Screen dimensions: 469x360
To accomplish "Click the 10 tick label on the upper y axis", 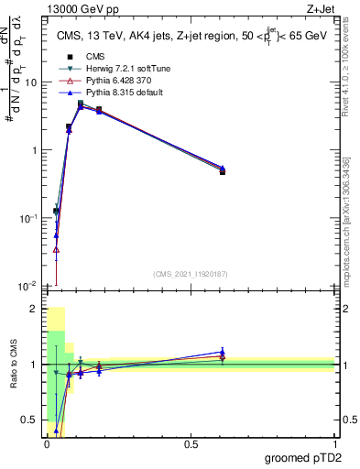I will [x=31, y=82].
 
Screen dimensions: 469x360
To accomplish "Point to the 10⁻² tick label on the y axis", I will [x=28, y=287].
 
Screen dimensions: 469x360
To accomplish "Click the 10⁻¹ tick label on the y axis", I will [x=28, y=219].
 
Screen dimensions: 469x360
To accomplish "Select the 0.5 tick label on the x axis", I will [x=191, y=443].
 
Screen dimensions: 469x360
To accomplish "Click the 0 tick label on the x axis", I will [x=47, y=443].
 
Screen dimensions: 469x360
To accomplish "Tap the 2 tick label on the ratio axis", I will [x=34, y=310].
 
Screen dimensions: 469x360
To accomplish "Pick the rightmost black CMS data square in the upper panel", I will [x=223, y=172].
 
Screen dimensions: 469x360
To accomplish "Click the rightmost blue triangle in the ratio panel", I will [x=223, y=351].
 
